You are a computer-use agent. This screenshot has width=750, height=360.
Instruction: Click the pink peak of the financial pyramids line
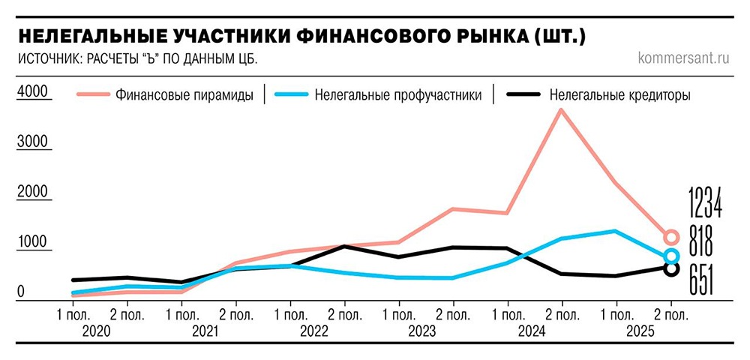click(x=560, y=110)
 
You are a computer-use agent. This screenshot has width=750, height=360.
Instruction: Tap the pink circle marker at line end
click(x=671, y=238)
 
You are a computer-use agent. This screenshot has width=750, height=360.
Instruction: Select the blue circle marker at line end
click(x=671, y=256)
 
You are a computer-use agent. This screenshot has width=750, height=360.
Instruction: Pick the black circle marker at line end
click(x=671, y=268)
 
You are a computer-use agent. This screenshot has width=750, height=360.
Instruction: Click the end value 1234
click(x=706, y=202)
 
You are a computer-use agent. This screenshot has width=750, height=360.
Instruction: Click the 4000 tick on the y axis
click(x=32, y=91)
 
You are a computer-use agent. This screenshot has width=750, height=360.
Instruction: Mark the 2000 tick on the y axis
click(x=32, y=192)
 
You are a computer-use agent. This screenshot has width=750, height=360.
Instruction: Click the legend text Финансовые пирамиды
click(x=184, y=95)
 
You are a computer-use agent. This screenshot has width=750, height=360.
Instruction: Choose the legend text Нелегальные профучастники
click(x=398, y=95)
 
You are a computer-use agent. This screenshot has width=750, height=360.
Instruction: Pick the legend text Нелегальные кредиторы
click(x=619, y=95)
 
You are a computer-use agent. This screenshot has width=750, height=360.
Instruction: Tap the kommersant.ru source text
click(x=683, y=58)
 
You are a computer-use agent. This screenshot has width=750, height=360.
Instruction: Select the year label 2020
click(x=97, y=330)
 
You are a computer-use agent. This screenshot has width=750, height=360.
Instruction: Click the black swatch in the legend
click(x=524, y=95)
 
